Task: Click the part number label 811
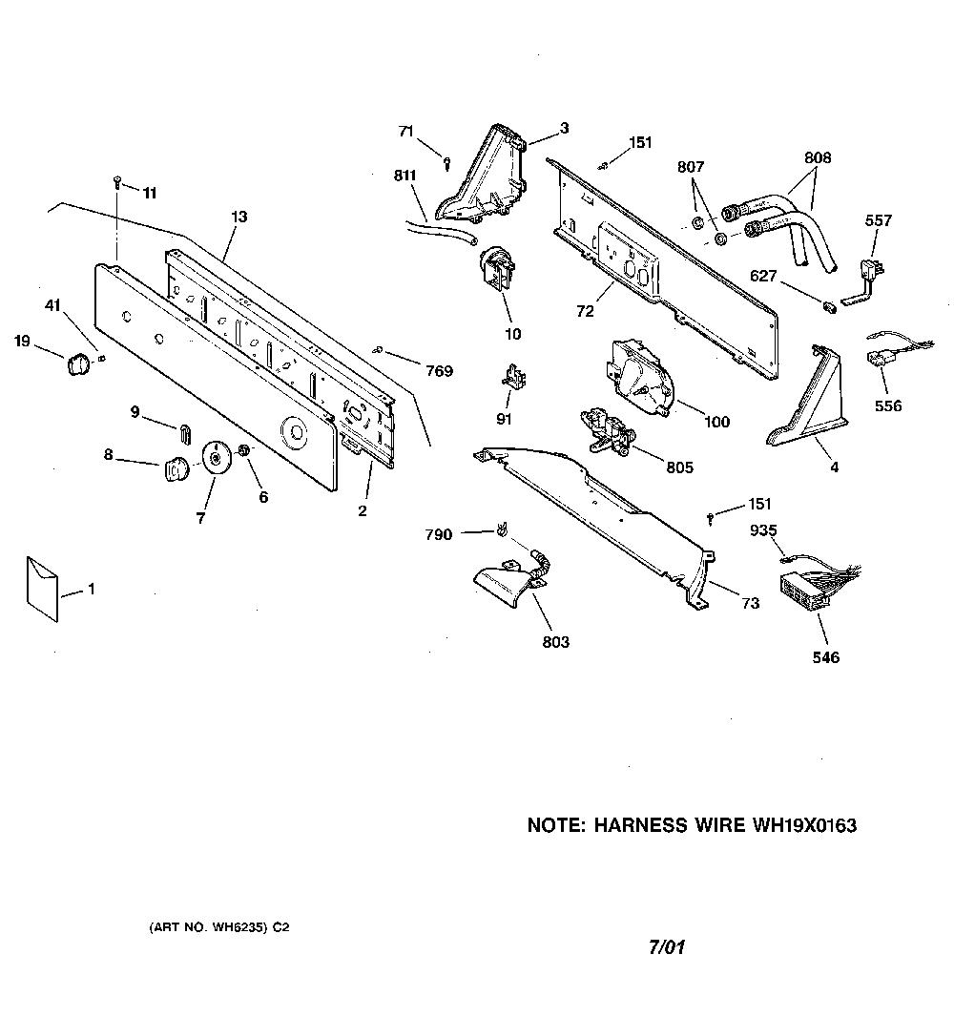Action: (404, 176)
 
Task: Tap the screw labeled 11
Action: (117, 182)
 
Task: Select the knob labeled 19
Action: (76, 364)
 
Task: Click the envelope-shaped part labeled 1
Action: (42, 589)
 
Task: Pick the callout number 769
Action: (439, 371)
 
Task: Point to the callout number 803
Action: (555, 641)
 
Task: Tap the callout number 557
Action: (878, 220)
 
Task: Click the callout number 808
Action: (818, 157)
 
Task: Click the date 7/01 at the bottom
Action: (667, 947)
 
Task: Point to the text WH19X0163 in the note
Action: (804, 825)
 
